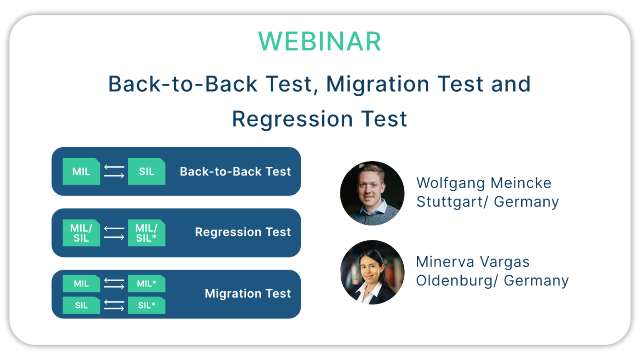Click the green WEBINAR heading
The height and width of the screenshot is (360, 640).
tap(320, 42)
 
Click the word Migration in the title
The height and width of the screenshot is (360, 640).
tap(377, 84)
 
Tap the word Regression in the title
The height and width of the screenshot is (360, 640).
tap(292, 119)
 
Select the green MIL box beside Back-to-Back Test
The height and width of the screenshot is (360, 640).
tap(81, 171)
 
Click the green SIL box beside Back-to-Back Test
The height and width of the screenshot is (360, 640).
tap(146, 171)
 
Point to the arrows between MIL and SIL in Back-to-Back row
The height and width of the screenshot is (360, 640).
tap(114, 171)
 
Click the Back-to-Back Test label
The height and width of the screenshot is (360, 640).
tap(235, 172)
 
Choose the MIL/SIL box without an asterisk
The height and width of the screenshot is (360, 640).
tap(81, 233)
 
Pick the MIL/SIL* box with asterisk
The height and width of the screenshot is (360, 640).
tap(146, 233)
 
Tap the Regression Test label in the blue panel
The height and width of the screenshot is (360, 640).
tap(242, 232)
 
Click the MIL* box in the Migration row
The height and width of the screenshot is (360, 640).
tap(146, 284)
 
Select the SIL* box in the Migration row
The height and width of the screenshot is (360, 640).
tap(146, 305)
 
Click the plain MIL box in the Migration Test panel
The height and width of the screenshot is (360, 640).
tap(81, 284)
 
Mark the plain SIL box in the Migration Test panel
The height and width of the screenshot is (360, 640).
tap(81, 305)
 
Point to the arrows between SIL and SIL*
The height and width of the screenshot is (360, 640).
tap(114, 305)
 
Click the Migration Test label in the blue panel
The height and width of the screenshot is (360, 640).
tap(247, 294)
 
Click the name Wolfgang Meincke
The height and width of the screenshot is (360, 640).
tap(483, 183)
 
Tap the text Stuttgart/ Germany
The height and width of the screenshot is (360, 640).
tap(487, 202)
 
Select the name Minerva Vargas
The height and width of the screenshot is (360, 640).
tap(472, 262)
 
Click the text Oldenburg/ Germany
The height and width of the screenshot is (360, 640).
tap(492, 281)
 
